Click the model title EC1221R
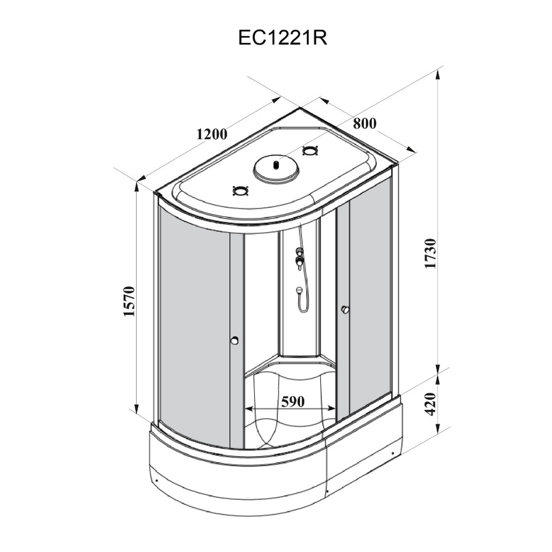[x=283, y=38]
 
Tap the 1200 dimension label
[x=212, y=134]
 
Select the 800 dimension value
[x=365, y=123]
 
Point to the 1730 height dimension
[x=430, y=253]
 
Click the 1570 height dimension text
[x=129, y=301]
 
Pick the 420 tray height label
[x=430, y=404]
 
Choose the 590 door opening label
[x=293, y=401]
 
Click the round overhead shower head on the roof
[x=276, y=169]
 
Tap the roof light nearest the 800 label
[x=310, y=151]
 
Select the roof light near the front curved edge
[x=241, y=191]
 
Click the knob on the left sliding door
[x=235, y=340]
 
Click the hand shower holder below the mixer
[x=299, y=291]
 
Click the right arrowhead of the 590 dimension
[x=331, y=409]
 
